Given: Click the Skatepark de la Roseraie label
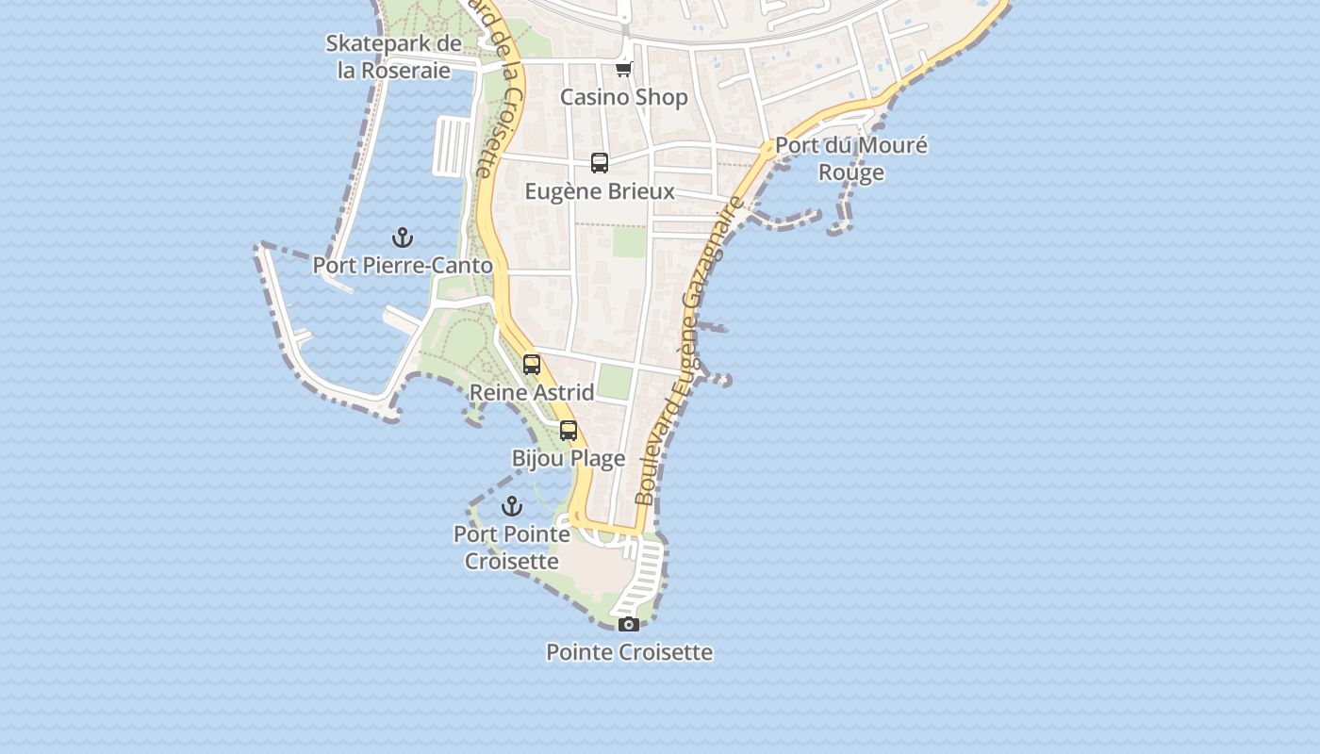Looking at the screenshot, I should pos(394,57).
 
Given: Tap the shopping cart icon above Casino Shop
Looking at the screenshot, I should pos(623,70).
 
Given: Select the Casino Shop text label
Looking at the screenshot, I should pos(624,97).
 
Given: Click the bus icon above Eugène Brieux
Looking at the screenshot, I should pos(600,163).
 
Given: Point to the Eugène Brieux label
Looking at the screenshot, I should pos(600,191).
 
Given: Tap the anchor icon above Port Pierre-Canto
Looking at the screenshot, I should pos(403,238).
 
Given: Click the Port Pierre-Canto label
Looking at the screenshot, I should pos(403,266).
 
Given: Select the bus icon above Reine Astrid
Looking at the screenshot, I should pos(532,365).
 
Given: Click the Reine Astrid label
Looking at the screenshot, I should pos(532,392).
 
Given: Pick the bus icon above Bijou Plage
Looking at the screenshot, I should pos(569,431).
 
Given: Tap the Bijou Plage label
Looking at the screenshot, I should pos(569,459).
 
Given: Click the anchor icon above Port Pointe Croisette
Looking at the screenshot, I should pos(512,507).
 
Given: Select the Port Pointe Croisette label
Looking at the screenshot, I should pos(512,548).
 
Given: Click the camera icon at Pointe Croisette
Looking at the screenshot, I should pos(629,624).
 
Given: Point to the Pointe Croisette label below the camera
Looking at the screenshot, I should pos(629,652).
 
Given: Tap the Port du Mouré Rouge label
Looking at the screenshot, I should pos(851,158).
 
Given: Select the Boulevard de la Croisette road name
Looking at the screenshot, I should pos(500,90).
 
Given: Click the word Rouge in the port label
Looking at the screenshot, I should pos(851,172).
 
